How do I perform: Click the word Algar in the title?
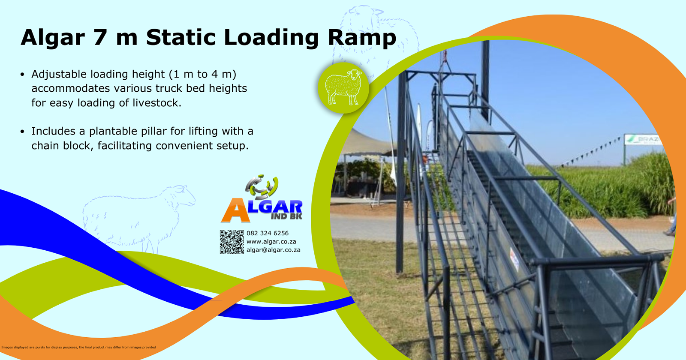pyautogui.click(x=53, y=38)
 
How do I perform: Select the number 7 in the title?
pyautogui.click(x=99, y=38)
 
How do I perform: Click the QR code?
pyautogui.click(x=232, y=242)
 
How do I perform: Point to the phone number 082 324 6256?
pyautogui.click(x=268, y=233)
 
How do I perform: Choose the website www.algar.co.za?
pyautogui.click(x=271, y=242)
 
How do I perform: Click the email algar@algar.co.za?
pyautogui.click(x=273, y=250)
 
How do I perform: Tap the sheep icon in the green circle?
pyautogui.click(x=343, y=87)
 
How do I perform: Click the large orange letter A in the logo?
pyautogui.click(x=235, y=210)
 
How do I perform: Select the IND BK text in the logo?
pyautogui.click(x=286, y=216)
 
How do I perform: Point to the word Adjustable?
pyautogui.click(x=59, y=74)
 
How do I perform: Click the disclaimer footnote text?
pyautogui.click(x=78, y=347)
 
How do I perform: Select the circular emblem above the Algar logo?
pyautogui.click(x=262, y=187)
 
